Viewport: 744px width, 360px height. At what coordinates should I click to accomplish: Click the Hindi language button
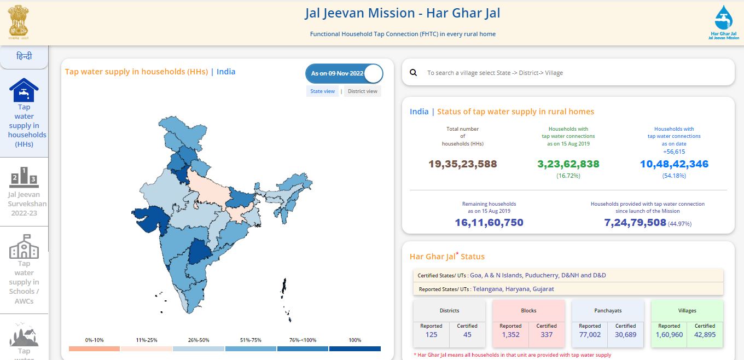pos(24,56)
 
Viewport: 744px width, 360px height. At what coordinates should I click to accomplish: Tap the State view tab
pos(323,91)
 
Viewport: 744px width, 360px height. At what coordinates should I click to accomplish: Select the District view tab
pos(362,91)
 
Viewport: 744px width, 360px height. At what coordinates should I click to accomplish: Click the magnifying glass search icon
pos(413,72)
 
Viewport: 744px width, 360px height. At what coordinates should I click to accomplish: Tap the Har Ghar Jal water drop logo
pos(724,22)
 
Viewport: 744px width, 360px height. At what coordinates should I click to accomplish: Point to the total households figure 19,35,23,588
pos(463,164)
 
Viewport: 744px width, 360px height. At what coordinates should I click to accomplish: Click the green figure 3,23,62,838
pos(568,164)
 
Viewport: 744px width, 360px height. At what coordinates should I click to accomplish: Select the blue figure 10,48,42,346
pos(674,164)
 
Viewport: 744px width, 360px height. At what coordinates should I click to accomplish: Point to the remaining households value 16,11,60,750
pos(489,223)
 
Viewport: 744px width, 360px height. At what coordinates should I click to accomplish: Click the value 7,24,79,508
pos(635,223)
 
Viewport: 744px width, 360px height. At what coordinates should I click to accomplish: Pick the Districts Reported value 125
pos(431,335)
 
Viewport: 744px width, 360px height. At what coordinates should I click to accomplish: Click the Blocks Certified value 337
pos(547,335)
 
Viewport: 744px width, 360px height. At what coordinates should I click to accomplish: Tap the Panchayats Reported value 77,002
pos(590,335)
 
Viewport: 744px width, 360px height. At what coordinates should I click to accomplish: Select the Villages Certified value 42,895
pos(705,335)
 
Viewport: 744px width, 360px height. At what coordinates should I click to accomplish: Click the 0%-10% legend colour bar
pos(94,349)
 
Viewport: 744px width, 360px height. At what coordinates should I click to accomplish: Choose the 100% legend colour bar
pos(354,349)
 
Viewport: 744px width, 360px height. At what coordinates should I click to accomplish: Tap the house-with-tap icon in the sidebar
pos(24,90)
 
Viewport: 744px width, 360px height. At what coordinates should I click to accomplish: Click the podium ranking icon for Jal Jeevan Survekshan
pos(24,177)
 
